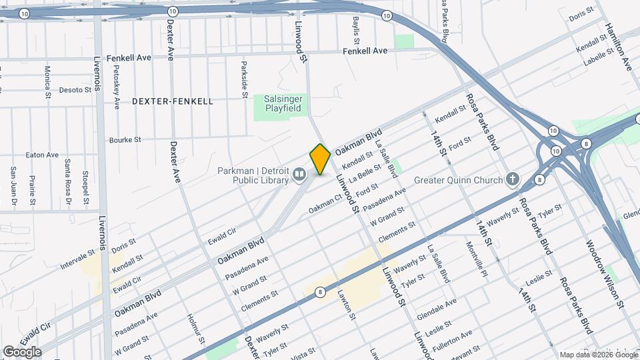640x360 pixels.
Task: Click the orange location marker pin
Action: point(320,159)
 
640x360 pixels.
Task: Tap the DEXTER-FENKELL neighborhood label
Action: point(173,101)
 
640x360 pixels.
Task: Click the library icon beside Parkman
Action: point(299,175)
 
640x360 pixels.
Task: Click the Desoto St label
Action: point(75,89)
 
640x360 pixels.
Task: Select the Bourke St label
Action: point(125,140)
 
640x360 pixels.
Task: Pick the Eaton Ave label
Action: point(43,155)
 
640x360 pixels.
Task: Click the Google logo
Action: point(22,352)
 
